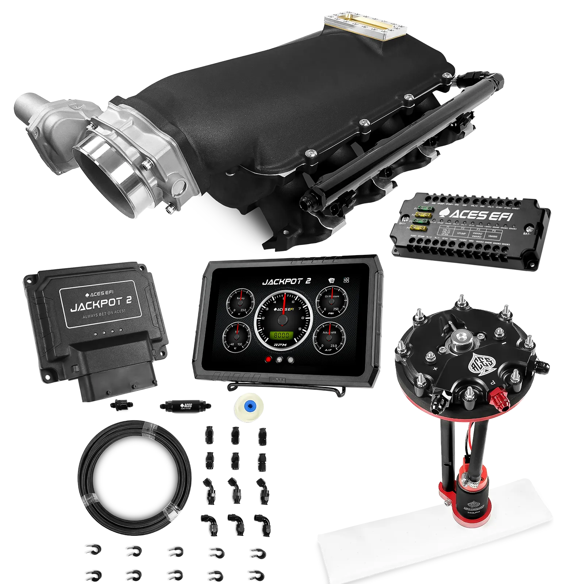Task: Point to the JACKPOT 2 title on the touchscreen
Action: (x=287, y=281)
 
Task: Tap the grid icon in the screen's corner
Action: (x=346, y=280)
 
